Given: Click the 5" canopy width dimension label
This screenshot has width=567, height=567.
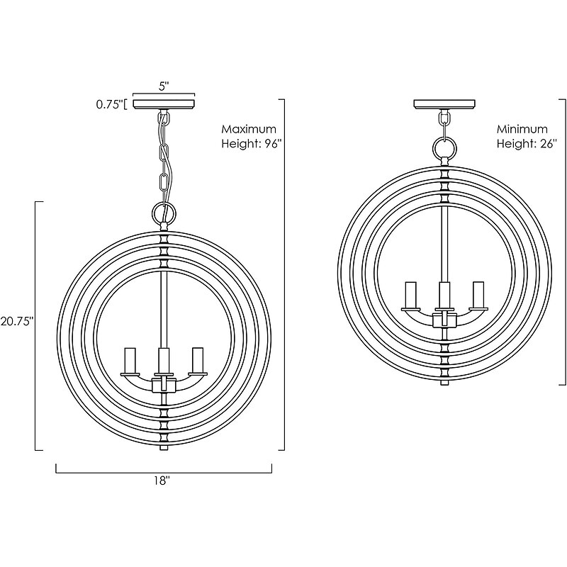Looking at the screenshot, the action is tap(164, 86).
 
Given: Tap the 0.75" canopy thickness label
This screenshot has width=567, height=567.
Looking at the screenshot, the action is tap(110, 105).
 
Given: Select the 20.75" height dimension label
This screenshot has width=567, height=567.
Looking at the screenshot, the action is tap(17, 321).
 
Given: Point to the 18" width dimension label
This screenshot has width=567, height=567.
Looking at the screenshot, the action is tap(162, 481).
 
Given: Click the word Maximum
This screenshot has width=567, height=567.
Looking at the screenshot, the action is tap(249, 129).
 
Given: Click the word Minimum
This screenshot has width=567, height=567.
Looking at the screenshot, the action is tap(522, 129).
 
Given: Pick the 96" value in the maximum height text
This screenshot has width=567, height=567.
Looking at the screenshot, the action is tap(273, 144).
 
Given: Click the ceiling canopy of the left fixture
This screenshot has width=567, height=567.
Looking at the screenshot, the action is tap(164, 103).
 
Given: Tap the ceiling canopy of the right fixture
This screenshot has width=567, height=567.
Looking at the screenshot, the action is tap(444, 103).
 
